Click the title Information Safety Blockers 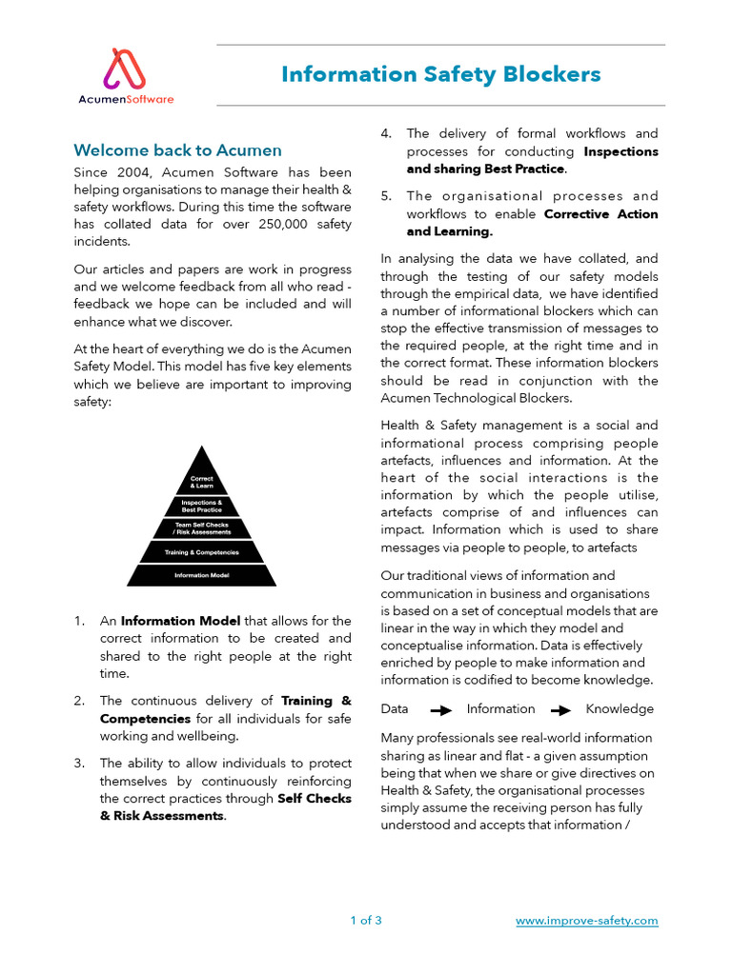coord(440,74)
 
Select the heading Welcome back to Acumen coord(178,150)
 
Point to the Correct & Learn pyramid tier coord(201,482)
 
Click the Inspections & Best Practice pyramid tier coord(201,506)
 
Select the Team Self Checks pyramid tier coord(201,528)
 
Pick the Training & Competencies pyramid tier coord(201,552)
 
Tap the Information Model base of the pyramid coord(201,575)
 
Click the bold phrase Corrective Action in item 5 coord(600,214)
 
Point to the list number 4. coord(386,134)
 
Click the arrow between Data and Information coord(440,710)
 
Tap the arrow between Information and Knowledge coord(560,710)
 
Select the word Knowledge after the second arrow coord(620,709)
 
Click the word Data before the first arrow coord(395,709)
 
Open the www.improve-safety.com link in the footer coord(586,921)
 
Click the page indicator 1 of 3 coord(366,921)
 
